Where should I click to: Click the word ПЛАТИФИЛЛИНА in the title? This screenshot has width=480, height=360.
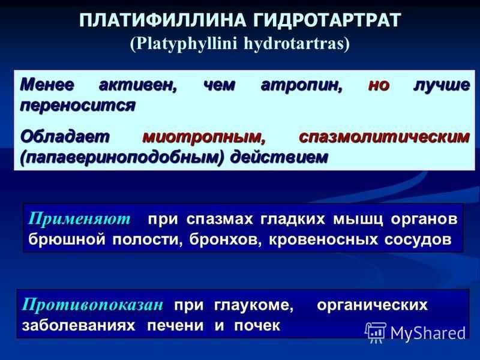(x=163, y=21)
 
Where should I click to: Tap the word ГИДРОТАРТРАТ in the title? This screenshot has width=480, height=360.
(x=327, y=21)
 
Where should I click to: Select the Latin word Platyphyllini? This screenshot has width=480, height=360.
(x=184, y=44)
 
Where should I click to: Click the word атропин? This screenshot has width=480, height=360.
(x=302, y=85)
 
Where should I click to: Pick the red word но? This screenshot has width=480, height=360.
(x=379, y=85)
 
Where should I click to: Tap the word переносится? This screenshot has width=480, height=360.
(x=78, y=106)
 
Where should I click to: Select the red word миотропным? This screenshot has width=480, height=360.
(x=204, y=137)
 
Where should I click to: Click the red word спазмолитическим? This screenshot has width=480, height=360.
(x=384, y=137)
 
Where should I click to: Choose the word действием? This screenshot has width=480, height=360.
(x=279, y=158)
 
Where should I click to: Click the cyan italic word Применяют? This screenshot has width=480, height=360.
(x=79, y=219)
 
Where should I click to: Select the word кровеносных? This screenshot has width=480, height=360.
(x=323, y=240)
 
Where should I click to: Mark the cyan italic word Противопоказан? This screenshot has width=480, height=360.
(x=92, y=305)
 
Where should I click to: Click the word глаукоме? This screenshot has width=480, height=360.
(x=253, y=305)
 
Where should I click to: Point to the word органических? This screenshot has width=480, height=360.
(x=372, y=305)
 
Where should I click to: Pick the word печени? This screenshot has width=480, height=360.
(x=175, y=326)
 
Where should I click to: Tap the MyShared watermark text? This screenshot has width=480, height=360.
(x=428, y=334)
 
